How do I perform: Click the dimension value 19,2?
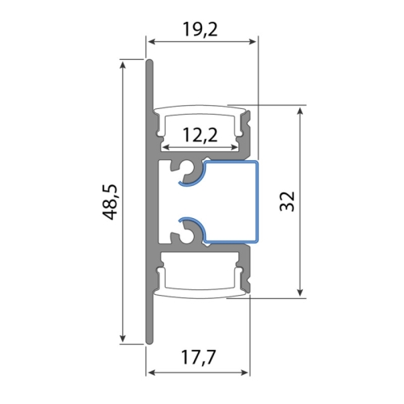tap(200, 31)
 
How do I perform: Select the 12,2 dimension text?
tap(200, 135)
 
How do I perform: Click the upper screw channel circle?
tap(191, 171)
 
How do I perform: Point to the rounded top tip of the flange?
tap(149, 62)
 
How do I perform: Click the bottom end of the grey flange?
tap(149, 340)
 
